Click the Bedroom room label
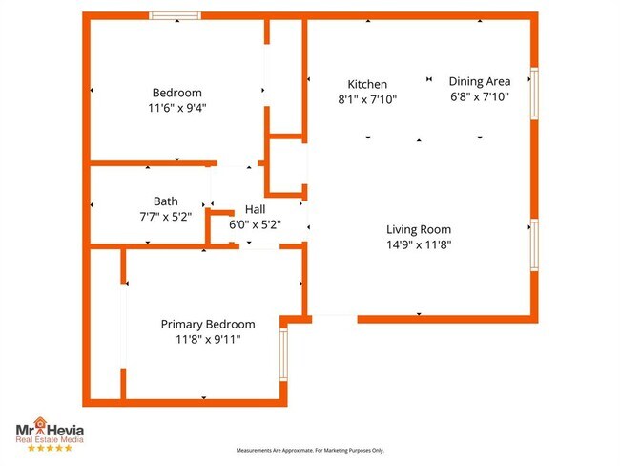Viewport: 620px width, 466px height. pos(177,93)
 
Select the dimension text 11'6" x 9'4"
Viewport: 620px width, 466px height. pos(177,108)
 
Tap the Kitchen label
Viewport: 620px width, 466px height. pos(367,84)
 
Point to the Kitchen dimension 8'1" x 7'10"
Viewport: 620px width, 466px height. pos(367,99)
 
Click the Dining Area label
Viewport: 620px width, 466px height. pos(480,82)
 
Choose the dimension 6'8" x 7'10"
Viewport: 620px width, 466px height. pos(480,96)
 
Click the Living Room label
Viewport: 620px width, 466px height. pos(419,229)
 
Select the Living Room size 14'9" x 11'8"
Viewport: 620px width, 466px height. pos(419,244)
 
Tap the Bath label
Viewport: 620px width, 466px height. pos(166,201)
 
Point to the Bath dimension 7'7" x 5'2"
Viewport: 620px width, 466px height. pos(166,216)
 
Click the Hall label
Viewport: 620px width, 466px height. pos(256,210)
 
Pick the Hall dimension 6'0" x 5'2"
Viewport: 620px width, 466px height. pos(256,225)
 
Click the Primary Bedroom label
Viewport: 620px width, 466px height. pos(208,324)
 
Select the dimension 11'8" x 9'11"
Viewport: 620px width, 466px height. pos(208,339)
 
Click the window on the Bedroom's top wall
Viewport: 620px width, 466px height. pos(175,16)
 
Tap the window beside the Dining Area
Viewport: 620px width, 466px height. pos(535,93)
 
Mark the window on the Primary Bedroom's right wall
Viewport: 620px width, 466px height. pos(283,354)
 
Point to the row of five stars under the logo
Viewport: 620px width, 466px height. pos(49,447)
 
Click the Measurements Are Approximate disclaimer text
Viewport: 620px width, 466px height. pos(310,451)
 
